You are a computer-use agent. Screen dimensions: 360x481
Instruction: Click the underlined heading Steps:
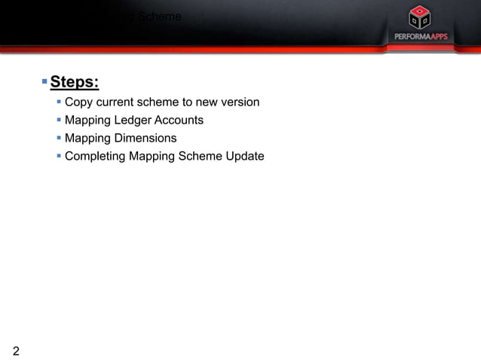click(x=75, y=81)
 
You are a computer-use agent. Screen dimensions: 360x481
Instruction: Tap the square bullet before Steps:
click(x=44, y=80)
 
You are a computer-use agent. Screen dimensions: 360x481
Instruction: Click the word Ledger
click(x=132, y=120)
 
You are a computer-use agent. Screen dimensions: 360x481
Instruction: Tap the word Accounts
click(x=179, y=120)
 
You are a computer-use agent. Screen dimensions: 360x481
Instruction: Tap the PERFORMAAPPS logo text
click(x=421, y=37)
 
